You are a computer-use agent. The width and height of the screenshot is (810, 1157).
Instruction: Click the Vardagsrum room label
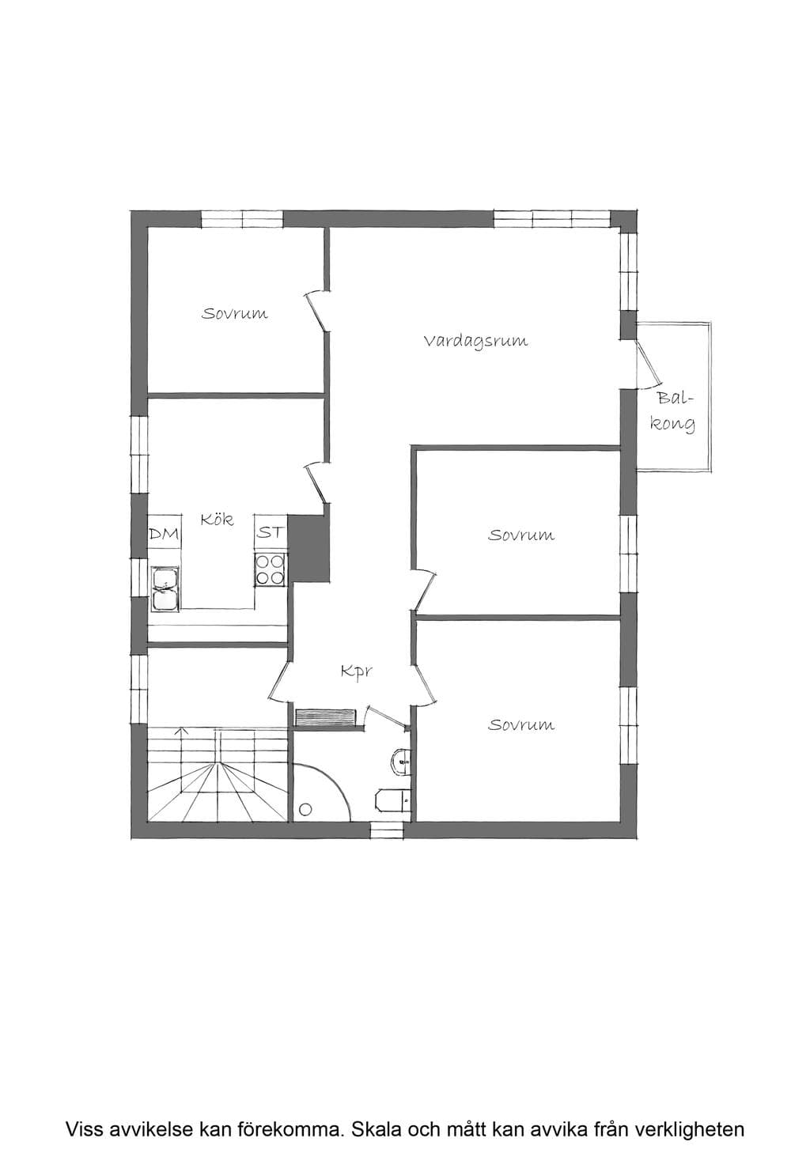tap(475, 342)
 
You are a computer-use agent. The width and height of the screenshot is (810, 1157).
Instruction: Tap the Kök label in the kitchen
tap(217, 519)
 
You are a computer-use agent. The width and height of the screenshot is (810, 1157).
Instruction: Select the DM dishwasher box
tap(165, 534)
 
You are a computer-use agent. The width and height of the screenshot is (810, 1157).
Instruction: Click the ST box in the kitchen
tap(271, 532)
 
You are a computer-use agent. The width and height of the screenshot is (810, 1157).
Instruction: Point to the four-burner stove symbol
tap(270, 569)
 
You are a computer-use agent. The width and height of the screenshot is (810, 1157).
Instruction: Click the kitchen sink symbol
tap(165, 588)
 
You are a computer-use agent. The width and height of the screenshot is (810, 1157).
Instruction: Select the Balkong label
tap(672, 412)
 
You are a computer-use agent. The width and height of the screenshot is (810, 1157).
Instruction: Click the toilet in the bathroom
tap(392, 801)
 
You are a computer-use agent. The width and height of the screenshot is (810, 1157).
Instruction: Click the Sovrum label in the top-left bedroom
tap(234, 313)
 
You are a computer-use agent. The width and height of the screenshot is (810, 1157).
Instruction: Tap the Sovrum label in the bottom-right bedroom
tap(521, 724)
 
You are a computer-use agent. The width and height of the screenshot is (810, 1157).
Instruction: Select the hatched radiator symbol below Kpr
tap(326, 717)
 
